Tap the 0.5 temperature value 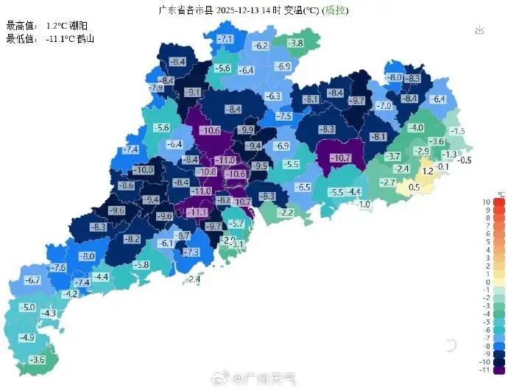pos(414,187)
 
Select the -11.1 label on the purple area pos(197,212)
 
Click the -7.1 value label pos(225,38)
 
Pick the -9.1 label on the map pos(193,92)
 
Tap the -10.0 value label pos(144,170)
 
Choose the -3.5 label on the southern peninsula pos(36,359)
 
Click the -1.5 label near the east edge pos(457,131)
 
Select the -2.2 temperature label pos(285,212)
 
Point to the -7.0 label pos(384,106)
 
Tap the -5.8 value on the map pos(141,264)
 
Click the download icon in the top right pos(480,30)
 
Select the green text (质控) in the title pos(336,10)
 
